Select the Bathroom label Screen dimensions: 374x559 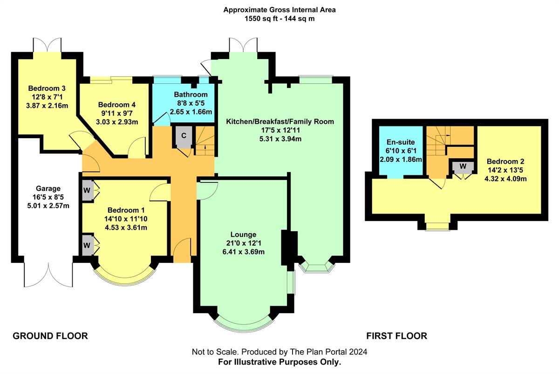[x=190, y=94]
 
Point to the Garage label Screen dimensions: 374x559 [x=48, y=188]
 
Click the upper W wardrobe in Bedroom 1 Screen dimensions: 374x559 [x=87, y=190]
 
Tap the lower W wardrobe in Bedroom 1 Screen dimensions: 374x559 [x=87, y=244]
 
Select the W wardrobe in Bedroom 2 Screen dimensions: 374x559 [x=463, y=167]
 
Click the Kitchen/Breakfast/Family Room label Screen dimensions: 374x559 [x=280, y=121]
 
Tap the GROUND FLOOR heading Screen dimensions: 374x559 [x=50, y=336]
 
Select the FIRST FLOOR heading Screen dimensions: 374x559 [x=396, y=336]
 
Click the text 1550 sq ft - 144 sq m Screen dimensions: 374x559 [x=279, y=19]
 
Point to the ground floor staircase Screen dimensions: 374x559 [x=204, y=141]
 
